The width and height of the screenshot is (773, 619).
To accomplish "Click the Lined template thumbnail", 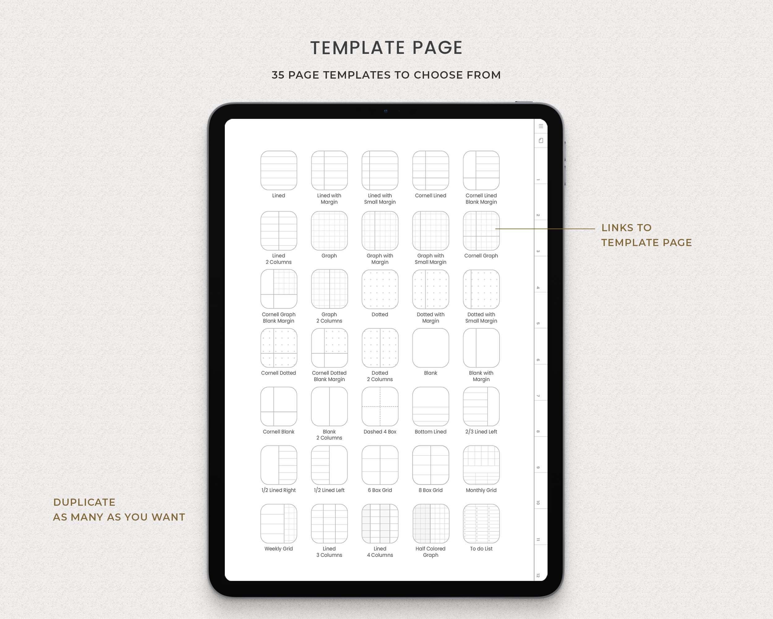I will (279, 171).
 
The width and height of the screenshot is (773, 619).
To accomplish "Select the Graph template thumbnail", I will (329, 231).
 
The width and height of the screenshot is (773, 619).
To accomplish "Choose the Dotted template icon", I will (380, 289).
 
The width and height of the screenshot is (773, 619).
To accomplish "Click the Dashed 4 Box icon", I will (380, 406).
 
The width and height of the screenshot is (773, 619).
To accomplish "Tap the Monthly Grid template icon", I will (481, 465).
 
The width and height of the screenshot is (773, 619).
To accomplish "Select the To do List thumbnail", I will (481, 524).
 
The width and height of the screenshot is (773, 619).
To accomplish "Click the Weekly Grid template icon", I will (279, 524).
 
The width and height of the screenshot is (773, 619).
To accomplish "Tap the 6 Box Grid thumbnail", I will (380, 465).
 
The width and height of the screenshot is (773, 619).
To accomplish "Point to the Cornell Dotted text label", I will (278, 373).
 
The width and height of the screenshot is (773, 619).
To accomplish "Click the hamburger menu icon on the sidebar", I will (541, 126).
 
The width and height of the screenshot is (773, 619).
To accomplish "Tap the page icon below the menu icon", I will (541, 141).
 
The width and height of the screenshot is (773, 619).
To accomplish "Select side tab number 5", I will (538, 323).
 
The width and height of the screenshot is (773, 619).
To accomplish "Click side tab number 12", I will (538, 575).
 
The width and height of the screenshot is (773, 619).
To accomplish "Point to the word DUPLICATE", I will (84, 502).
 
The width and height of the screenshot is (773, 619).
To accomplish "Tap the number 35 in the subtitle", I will (278, 75).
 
